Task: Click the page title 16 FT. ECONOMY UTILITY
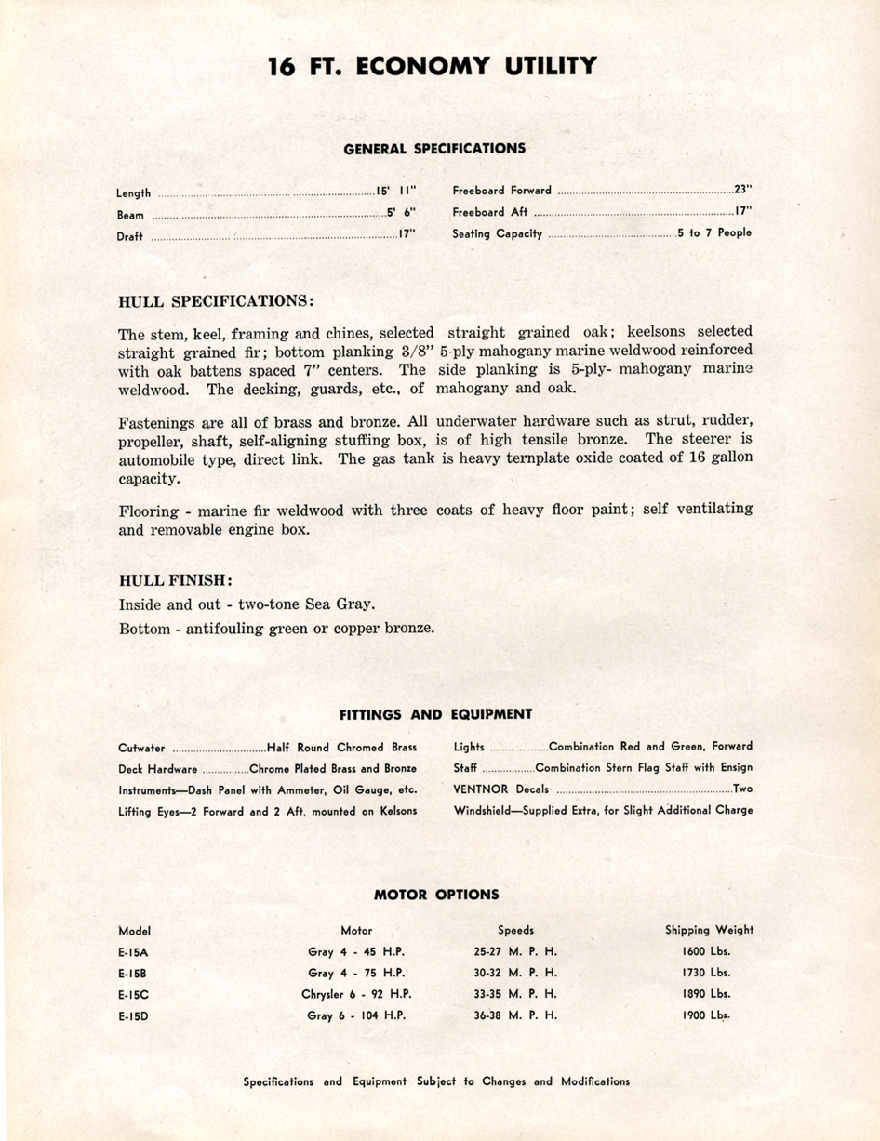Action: click(432, 67)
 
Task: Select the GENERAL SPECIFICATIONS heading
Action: click(434, 148)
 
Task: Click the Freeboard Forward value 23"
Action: click(742, 190)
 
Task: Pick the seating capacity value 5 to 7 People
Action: click(714, 233)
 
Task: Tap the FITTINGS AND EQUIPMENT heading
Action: click(435, 714)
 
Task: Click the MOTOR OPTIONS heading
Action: click(436, 895)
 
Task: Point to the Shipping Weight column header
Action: click(709, 929)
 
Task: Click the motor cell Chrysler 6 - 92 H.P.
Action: click(356, 993)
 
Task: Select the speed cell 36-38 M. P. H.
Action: click(515, 1015)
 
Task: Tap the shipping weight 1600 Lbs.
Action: click(706, 950)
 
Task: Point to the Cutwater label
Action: click(142, 747)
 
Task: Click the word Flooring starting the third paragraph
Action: click(149, 510)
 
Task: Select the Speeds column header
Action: click(515, 929)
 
